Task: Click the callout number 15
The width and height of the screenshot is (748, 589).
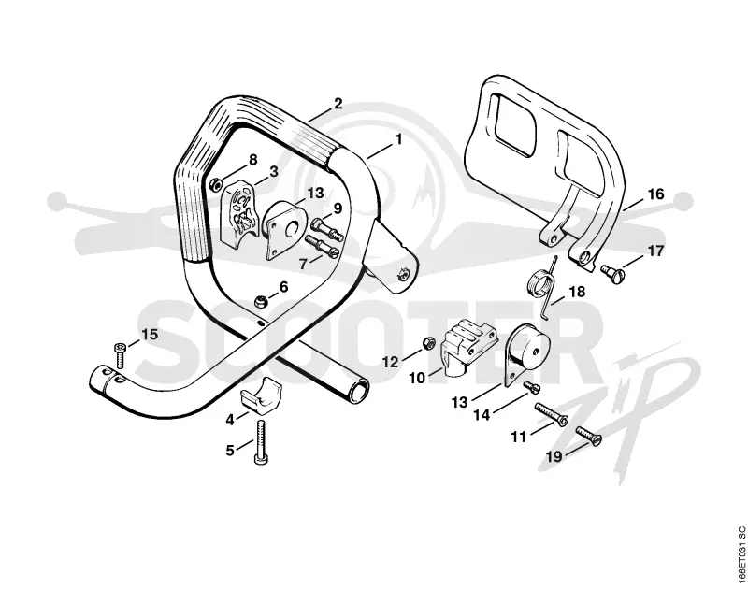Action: click(x=150, y=335)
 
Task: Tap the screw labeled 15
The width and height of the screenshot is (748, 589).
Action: click(x=119, y=355)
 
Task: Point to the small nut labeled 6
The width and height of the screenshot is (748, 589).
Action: click(x=261, y=301)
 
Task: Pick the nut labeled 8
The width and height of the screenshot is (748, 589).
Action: click(x=215, y=181)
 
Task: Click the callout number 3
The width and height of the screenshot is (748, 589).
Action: click(x=274, y=171)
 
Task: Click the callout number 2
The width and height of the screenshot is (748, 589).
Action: click(x=338, y=104)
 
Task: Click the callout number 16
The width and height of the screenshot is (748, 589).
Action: click(x=656, y=194)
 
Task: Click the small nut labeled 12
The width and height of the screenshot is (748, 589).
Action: click(x=429, y=342)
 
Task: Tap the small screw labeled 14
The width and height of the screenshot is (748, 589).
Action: click(x=531, y=388)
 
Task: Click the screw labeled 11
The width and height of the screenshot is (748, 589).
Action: click(x=552, y=413)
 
